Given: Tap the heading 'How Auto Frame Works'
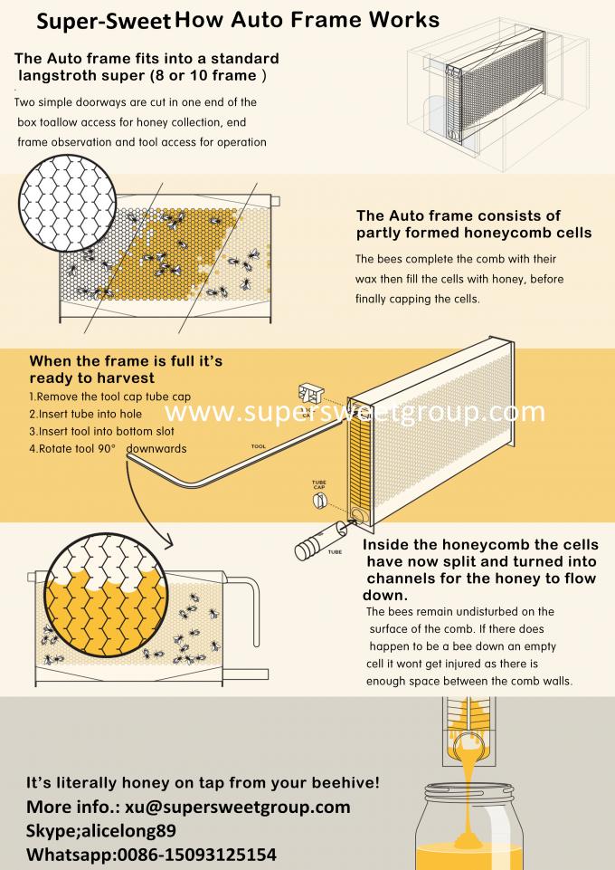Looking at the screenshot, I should tap(307, 20).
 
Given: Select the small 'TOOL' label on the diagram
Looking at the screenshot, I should tap(259, 446).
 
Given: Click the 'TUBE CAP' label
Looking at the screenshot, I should tap(318, 486).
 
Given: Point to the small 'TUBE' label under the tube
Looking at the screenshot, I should tap(335, 550).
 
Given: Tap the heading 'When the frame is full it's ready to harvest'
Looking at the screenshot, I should tap(126, 369).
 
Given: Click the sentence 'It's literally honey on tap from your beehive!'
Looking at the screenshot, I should tap(203, 780).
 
